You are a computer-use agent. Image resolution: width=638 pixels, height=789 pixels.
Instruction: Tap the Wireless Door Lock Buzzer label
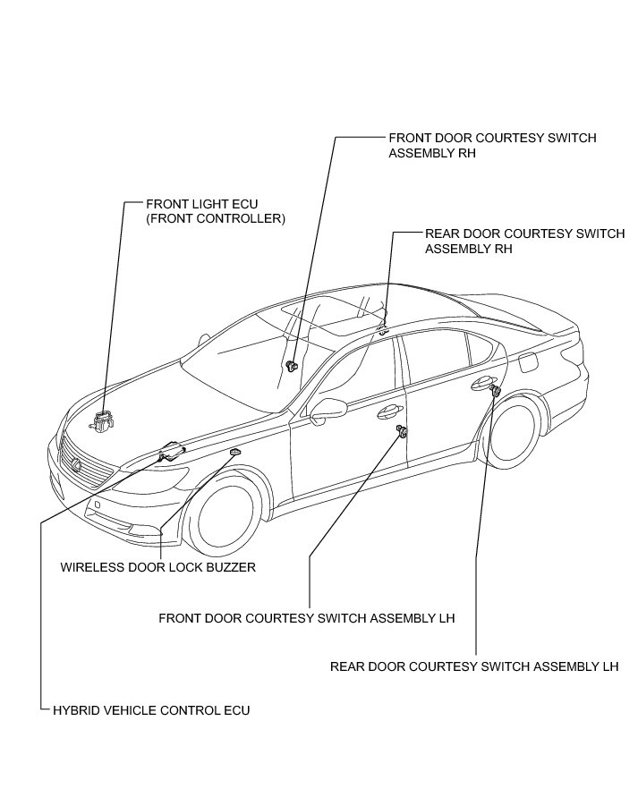(158, 567)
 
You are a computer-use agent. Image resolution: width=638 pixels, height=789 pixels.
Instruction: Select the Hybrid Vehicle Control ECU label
(151, 710)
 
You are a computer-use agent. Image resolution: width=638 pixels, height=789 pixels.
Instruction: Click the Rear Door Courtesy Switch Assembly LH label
(474, 666)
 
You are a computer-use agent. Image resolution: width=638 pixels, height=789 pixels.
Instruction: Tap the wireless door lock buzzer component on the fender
(235, 454)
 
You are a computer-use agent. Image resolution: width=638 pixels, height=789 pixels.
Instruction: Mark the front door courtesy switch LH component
(402, 433)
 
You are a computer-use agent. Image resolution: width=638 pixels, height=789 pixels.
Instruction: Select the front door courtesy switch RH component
(293, 365)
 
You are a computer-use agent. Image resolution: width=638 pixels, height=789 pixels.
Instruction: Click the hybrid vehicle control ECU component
(172, 452)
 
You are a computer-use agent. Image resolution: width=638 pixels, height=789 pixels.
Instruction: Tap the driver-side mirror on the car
(328, 409)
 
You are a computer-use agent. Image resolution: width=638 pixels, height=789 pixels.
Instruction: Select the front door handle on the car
(388, 411)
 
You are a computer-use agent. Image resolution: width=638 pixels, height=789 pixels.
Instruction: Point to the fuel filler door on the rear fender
(527, 361)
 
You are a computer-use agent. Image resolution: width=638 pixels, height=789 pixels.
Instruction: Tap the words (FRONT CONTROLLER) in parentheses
(216, 218)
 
